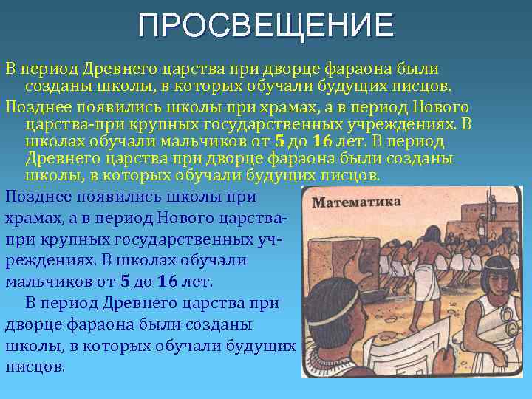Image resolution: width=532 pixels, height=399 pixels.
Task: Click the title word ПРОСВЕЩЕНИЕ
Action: [266, 26]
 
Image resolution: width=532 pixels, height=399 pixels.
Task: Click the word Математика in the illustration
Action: [356, 202]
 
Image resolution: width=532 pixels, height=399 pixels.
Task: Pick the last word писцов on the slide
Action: [35, 366]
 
